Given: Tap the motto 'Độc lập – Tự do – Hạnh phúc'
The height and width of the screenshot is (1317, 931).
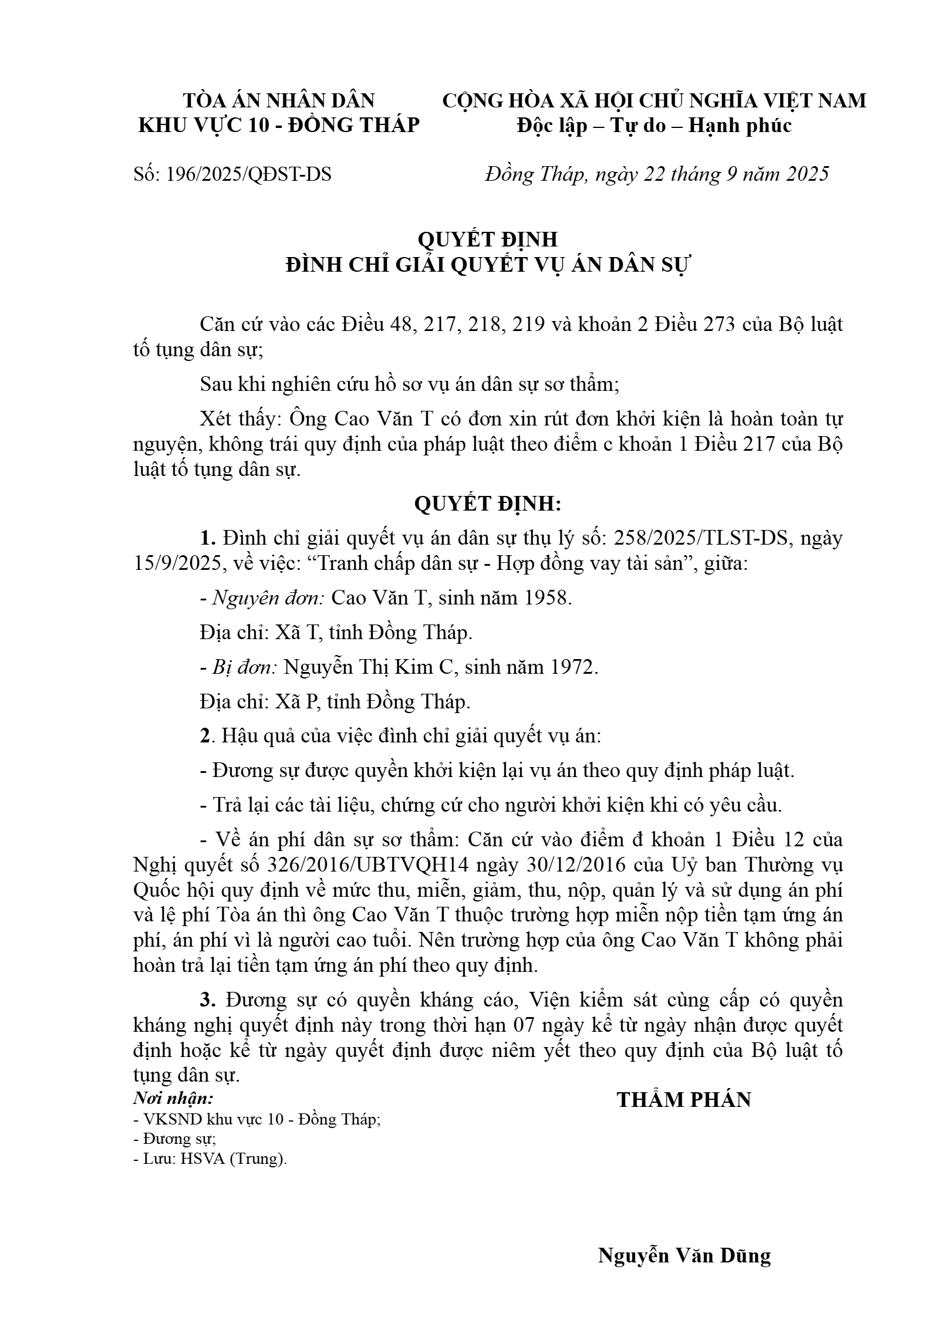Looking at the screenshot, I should [x=654, y=126].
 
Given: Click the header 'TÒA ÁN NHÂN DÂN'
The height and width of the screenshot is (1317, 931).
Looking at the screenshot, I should [x=279, y=101].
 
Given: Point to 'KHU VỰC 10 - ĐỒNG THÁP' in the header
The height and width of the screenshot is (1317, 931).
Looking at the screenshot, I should [x=279, y=126].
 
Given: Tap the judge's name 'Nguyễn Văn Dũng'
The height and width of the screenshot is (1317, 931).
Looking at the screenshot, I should [x=684, y=1256].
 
